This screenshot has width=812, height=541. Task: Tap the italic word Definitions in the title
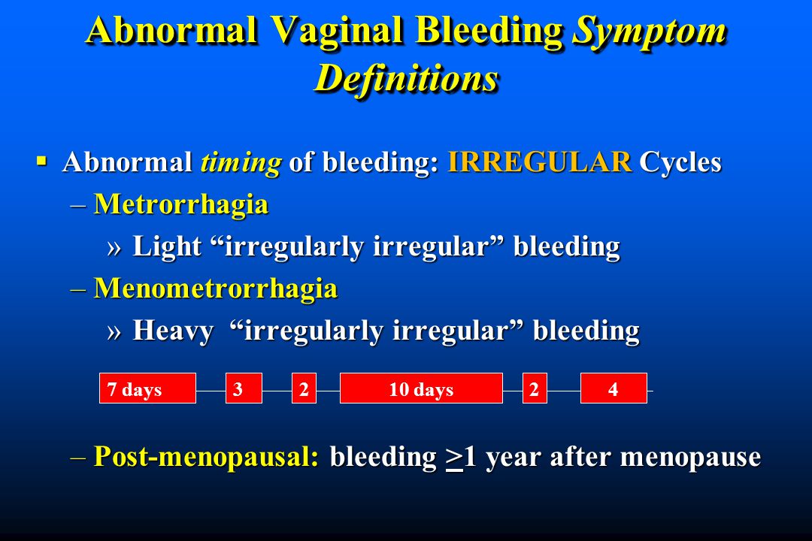[407, 79]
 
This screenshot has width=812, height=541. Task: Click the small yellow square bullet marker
[41, 161]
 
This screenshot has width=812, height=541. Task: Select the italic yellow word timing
[241, 162]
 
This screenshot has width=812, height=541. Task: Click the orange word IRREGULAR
[540, 162]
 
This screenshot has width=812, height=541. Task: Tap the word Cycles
[680, 162]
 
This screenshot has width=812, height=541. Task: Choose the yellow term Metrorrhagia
[181, 204]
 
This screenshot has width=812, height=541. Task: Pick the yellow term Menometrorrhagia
[216, 289]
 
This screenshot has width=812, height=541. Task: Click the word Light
[167, 246]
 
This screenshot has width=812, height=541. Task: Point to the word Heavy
[173, 331]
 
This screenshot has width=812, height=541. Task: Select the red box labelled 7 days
[147, 388]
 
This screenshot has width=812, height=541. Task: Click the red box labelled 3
[244, 388]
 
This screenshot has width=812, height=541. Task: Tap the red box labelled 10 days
[421, 388]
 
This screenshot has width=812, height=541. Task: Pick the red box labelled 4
[614, 388]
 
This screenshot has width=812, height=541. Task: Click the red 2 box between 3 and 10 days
[304, 388]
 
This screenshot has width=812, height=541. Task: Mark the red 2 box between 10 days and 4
[535, 388]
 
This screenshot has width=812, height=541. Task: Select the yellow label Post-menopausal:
[206, 457]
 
